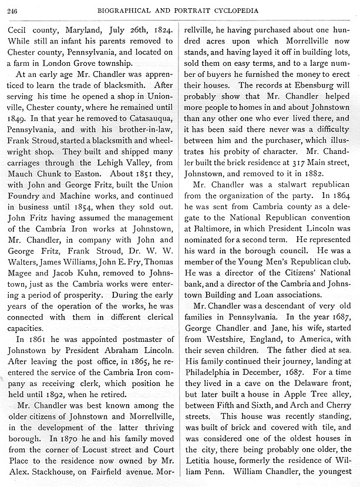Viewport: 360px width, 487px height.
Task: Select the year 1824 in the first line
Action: tap(161, 29)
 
